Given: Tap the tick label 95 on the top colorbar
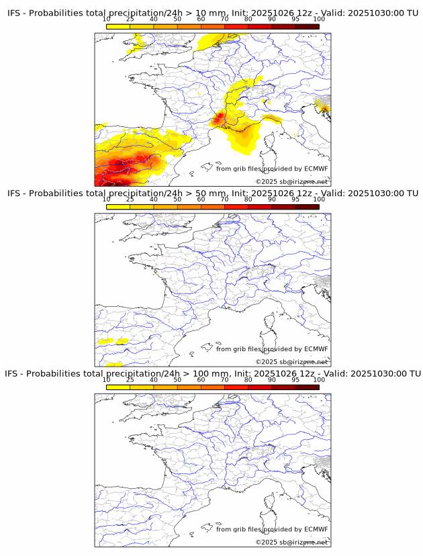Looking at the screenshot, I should click(x=295, y=19).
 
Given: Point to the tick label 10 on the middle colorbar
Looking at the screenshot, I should click(x=107, y=199).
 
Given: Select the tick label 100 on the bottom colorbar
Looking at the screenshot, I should click(x=319, y=380).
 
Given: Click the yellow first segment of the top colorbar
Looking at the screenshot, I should click(x=118, y=26).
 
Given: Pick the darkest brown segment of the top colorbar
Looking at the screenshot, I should click(x=307, y=26).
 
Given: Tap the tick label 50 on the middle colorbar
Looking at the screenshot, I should click(x=177, y=199).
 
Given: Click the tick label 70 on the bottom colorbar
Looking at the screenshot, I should click(x=225, y=380).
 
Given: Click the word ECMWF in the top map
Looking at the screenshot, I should click(x=316, y=169).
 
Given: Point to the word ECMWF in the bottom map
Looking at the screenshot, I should click(x=316, y=529).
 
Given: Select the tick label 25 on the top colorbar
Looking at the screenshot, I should click(x=130, y=19).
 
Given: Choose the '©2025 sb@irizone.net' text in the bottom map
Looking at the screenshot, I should click(x=291, y=542).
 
